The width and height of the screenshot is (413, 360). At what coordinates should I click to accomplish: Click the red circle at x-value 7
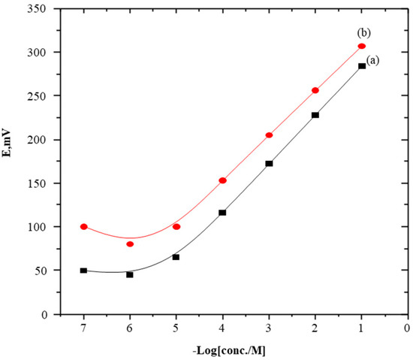tap(84, 226)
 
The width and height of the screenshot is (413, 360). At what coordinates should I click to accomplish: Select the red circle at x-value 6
tap(130, 244)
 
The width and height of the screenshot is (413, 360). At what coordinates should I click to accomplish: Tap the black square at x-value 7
tap(83, 271)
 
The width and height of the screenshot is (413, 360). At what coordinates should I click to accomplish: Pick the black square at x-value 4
tap(222, 213)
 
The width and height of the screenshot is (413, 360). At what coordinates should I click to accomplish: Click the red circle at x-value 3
tap(269, 135)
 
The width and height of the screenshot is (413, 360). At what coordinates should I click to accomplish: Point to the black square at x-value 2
tap(315, 115)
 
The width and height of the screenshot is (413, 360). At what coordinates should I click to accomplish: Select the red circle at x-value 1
tap(361, 47)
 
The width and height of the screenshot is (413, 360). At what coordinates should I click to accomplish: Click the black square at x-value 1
tap(362, 66)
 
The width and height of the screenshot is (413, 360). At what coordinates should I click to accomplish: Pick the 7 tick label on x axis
tap(83, 328)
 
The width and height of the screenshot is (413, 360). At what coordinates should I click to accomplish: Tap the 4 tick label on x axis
tap(222, 328)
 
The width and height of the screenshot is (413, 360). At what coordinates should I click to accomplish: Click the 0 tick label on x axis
tap(408, 328)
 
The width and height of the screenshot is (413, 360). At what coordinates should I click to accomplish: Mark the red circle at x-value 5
tap(176, 226)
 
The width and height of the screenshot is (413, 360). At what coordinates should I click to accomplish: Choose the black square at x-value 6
tap(130, 275)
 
